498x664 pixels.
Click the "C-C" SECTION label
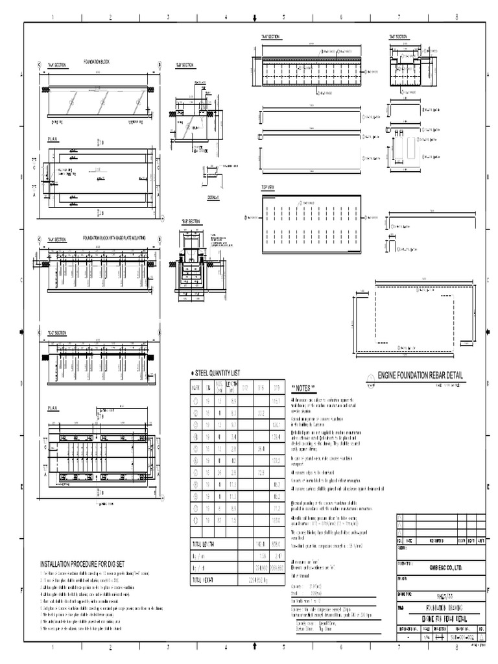coord(56,333)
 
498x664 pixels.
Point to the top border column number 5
coord(283,18)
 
